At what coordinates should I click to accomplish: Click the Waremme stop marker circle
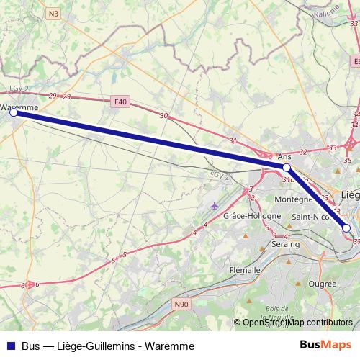pyautogui.click(x=13, y=112)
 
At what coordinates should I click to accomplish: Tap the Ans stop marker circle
pyautogui.click(x=286, y=167)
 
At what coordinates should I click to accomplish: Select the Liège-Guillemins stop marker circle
pyautogui.click(x=346, y=228)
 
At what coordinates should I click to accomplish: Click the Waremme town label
pyautogui.click(x=19, y=107)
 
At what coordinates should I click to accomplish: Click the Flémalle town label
pyautogui.click(x=244, y=270)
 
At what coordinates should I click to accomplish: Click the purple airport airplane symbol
pyautogui.click(x=213, y=207)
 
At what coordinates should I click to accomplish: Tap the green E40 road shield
pyautogui.click(x=120, y=102)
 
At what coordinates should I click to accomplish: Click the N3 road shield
pyautogui.click(x=54, y=13)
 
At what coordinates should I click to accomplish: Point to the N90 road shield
pyautogui.click(x=181, y=305)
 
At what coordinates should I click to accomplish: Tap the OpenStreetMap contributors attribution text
pyautogui.click(x=293, y=323)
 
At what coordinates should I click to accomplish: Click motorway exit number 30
pyautogui.click(x=164, y=116)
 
